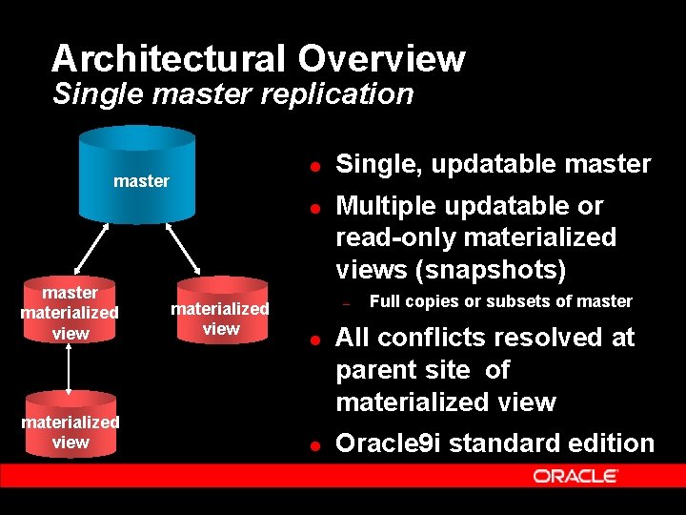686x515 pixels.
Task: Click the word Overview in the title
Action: (x=381, y=59)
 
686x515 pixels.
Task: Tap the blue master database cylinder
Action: (x=142, y=176)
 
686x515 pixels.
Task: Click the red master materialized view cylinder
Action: (x=70, y=312)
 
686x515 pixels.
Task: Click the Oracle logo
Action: (x=575, y=476)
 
